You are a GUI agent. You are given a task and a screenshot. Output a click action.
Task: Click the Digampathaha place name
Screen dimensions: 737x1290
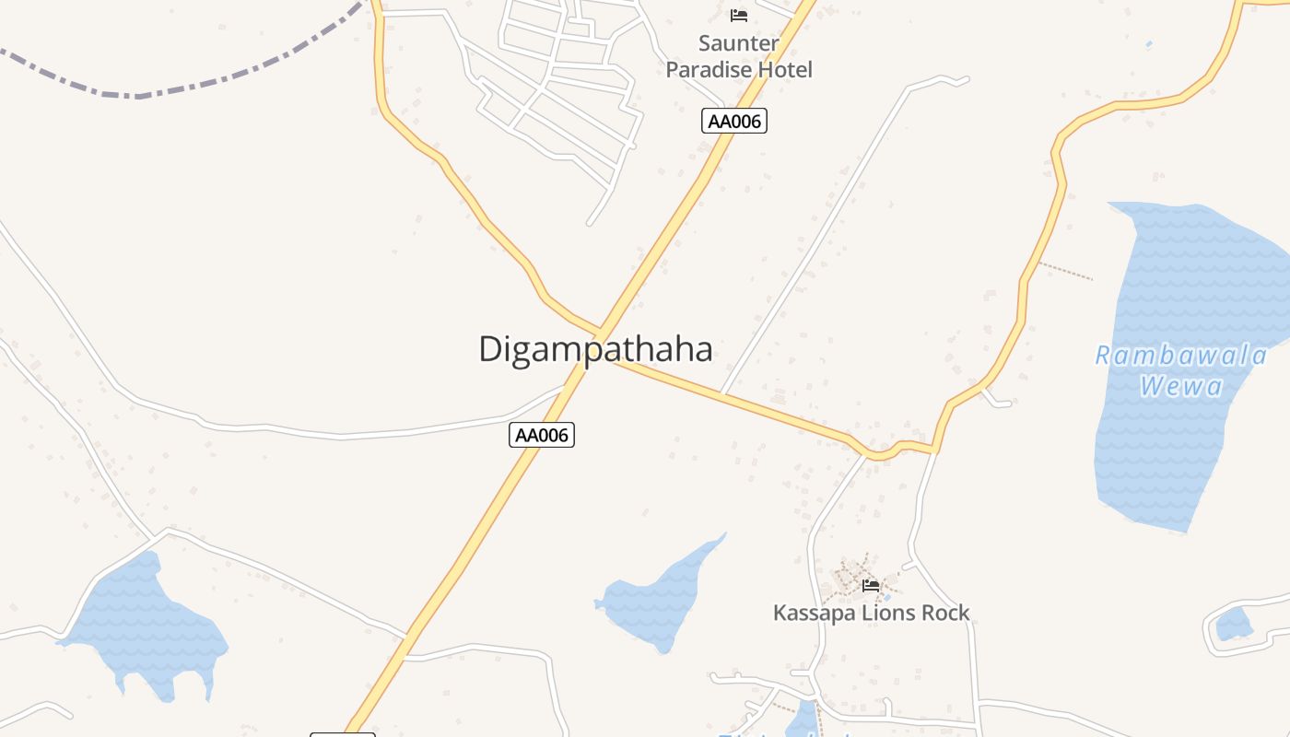[595, 350]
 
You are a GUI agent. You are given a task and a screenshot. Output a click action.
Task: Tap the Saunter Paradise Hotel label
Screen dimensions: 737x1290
[739, 56]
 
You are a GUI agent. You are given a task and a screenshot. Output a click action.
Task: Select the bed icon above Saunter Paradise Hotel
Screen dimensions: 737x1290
[738, 15]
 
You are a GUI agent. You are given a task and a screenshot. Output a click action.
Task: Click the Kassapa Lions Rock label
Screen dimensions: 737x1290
[871, 613]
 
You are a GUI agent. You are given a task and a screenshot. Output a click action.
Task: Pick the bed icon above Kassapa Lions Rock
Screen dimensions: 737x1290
[871, 585]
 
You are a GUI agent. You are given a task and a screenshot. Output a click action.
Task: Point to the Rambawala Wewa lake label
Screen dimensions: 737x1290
[1181, 370]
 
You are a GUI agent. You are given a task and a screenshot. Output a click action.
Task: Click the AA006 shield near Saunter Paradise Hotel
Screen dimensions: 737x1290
[734, 121]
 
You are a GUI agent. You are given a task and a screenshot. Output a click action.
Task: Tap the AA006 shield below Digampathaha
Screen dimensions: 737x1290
[542, 435]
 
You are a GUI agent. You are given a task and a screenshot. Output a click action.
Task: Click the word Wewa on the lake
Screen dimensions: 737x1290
[1181, 386]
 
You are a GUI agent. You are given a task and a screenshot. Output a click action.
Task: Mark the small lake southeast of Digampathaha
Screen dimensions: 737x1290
[659, 594]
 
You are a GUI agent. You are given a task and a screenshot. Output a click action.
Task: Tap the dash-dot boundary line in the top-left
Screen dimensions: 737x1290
[138, 95]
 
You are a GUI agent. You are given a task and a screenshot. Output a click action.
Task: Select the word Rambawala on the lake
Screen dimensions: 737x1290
[1181, 356]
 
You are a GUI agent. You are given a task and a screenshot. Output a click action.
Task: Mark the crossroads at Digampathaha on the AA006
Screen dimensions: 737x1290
[600, 334]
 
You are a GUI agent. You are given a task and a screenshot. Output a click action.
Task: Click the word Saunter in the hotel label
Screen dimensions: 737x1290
[739, 43]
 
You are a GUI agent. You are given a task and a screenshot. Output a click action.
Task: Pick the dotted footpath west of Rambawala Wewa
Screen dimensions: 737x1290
[1065, 271]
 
